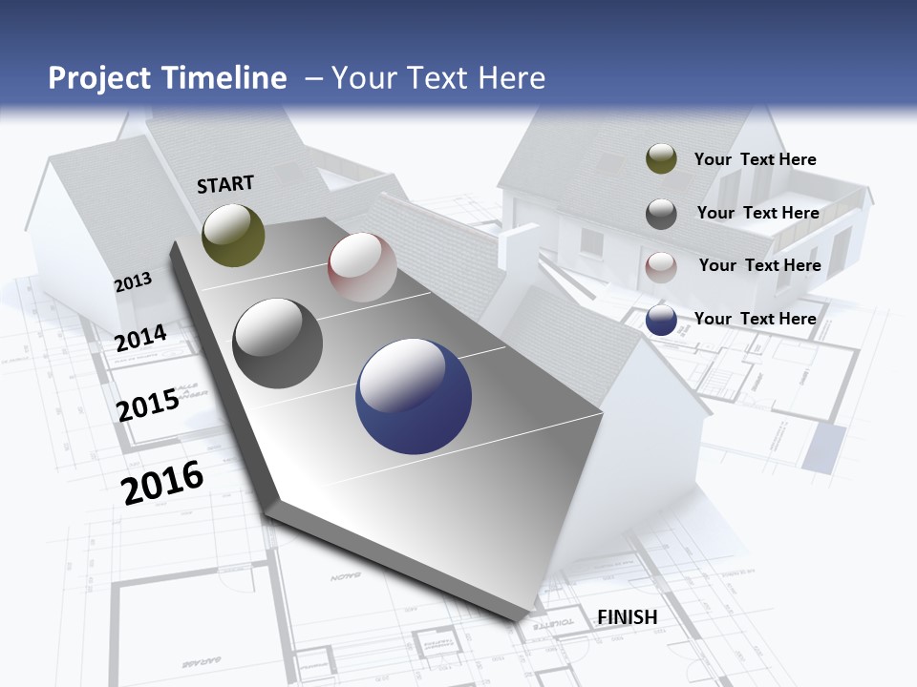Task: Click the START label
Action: (225, 184)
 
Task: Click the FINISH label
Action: (628, 617)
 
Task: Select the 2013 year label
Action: (134, 281)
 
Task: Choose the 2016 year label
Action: (162, 482)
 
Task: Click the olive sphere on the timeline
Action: (233, 235)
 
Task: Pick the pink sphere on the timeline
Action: (362, 267)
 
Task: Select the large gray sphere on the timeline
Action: (278, 343)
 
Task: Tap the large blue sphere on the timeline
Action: (414, 396)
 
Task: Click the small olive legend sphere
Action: (661, 158)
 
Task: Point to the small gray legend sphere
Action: (661, 214)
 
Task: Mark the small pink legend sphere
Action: (661, 267)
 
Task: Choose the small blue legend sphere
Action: (661, 321)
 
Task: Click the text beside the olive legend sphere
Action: (755, 159)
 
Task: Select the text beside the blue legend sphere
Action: (755, 319)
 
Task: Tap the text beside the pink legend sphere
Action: (759, 265)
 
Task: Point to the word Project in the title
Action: (98, 78)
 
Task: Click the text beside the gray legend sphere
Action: (757, 213)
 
